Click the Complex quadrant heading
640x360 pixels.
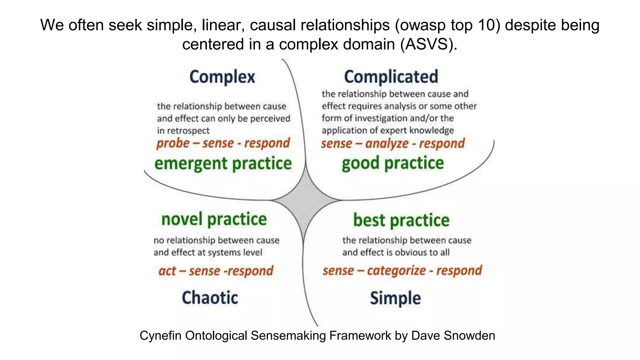tap(222, 77)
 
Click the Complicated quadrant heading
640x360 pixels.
tap(391, 77)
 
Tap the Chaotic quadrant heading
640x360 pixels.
tap(210, 297)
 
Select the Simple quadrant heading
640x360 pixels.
tap(395, 298)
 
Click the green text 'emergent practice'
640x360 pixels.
tap(223, 164)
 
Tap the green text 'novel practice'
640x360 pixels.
tap(214, 219)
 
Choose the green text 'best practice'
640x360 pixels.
tap(401, 220)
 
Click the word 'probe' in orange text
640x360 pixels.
tap(173, 143)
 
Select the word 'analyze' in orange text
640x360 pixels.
tap(387, 143)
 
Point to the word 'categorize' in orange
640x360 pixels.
tap(396, 270)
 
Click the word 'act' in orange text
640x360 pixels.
tap(167, 271)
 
